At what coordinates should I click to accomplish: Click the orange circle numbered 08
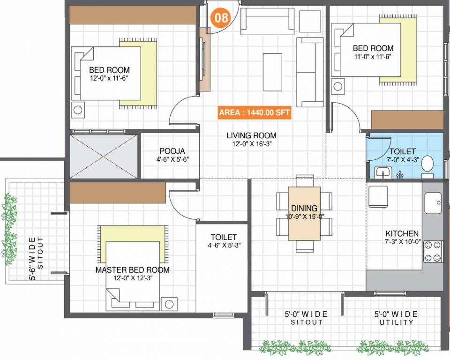pos(221,18)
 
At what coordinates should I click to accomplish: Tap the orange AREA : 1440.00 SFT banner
pos(255,113)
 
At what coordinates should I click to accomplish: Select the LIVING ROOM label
pos(251,135)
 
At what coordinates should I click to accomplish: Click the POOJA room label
pos(172,151)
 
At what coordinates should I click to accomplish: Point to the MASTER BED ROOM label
pos(133,270)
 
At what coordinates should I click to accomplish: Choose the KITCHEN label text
pos(402,233)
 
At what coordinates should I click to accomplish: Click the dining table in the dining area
pos(304,213)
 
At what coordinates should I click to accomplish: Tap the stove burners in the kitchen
pos(433,251)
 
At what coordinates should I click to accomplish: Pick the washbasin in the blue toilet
pos(383,173)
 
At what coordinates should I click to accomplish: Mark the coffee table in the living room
pos(272,72)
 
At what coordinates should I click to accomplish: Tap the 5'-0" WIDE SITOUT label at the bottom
pos(306,318)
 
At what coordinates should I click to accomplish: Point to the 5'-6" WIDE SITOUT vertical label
pos(36,254)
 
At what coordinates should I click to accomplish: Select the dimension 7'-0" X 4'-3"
pos(402,159)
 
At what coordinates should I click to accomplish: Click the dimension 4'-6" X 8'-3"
pos(223,245)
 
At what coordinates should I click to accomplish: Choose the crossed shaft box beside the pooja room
pos(104,156)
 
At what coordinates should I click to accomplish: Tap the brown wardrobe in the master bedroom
pos(118,193)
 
